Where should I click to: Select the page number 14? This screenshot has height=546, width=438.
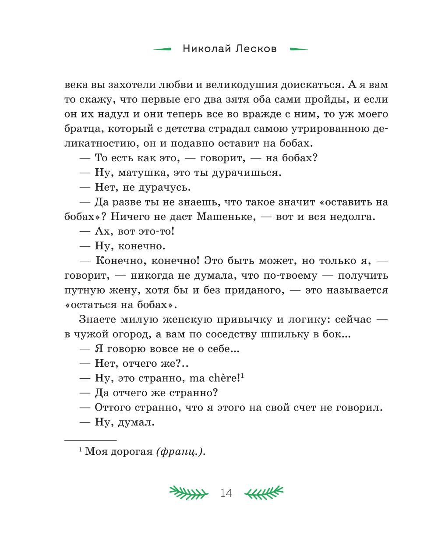click(x=226, y=493)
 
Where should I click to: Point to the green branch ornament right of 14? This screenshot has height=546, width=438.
click(x=264, y=493)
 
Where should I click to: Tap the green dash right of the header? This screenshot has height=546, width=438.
click(x=299, y=49)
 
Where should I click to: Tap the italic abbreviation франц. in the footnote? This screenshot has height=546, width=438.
click(x=180, y=452)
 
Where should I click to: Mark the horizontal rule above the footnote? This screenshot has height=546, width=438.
click(x=90, y=440)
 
